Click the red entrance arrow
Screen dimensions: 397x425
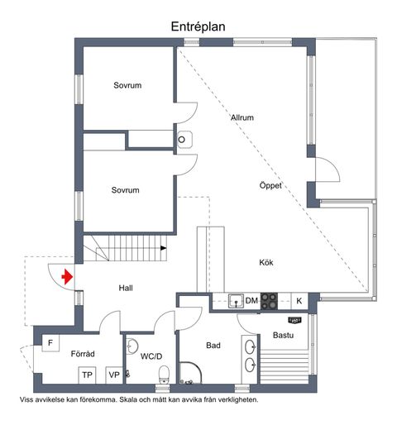(x=67, y=276)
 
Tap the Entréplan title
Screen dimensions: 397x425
(x=198, y=26)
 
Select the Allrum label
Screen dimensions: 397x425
(x=242, y=117)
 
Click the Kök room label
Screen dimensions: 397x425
(x=266, y=262)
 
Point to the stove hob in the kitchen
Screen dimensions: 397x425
(x=269, y=301)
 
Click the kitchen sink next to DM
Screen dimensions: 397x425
(x=236, y=301)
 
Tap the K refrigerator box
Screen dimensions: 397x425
(x=299, y=301)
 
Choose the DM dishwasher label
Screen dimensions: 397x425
(x=251, y=301)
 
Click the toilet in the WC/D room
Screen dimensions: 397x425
(x=164, y=375)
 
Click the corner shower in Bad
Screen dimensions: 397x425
(x=190, y=373)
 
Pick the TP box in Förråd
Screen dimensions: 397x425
(x=87, y=375)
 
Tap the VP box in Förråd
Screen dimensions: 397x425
(x=114, y=375)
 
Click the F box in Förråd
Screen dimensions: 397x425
(x=50, y=343)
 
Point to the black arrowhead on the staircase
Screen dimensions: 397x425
(x=164, y=248)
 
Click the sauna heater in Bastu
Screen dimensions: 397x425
(x=294, y=320)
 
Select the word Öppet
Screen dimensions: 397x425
(x=270, y=185)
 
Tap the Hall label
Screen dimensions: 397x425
(x=126, y=288)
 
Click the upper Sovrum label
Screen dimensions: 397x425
(x=127, y=85)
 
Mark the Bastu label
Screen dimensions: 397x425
(x=283, y=335)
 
